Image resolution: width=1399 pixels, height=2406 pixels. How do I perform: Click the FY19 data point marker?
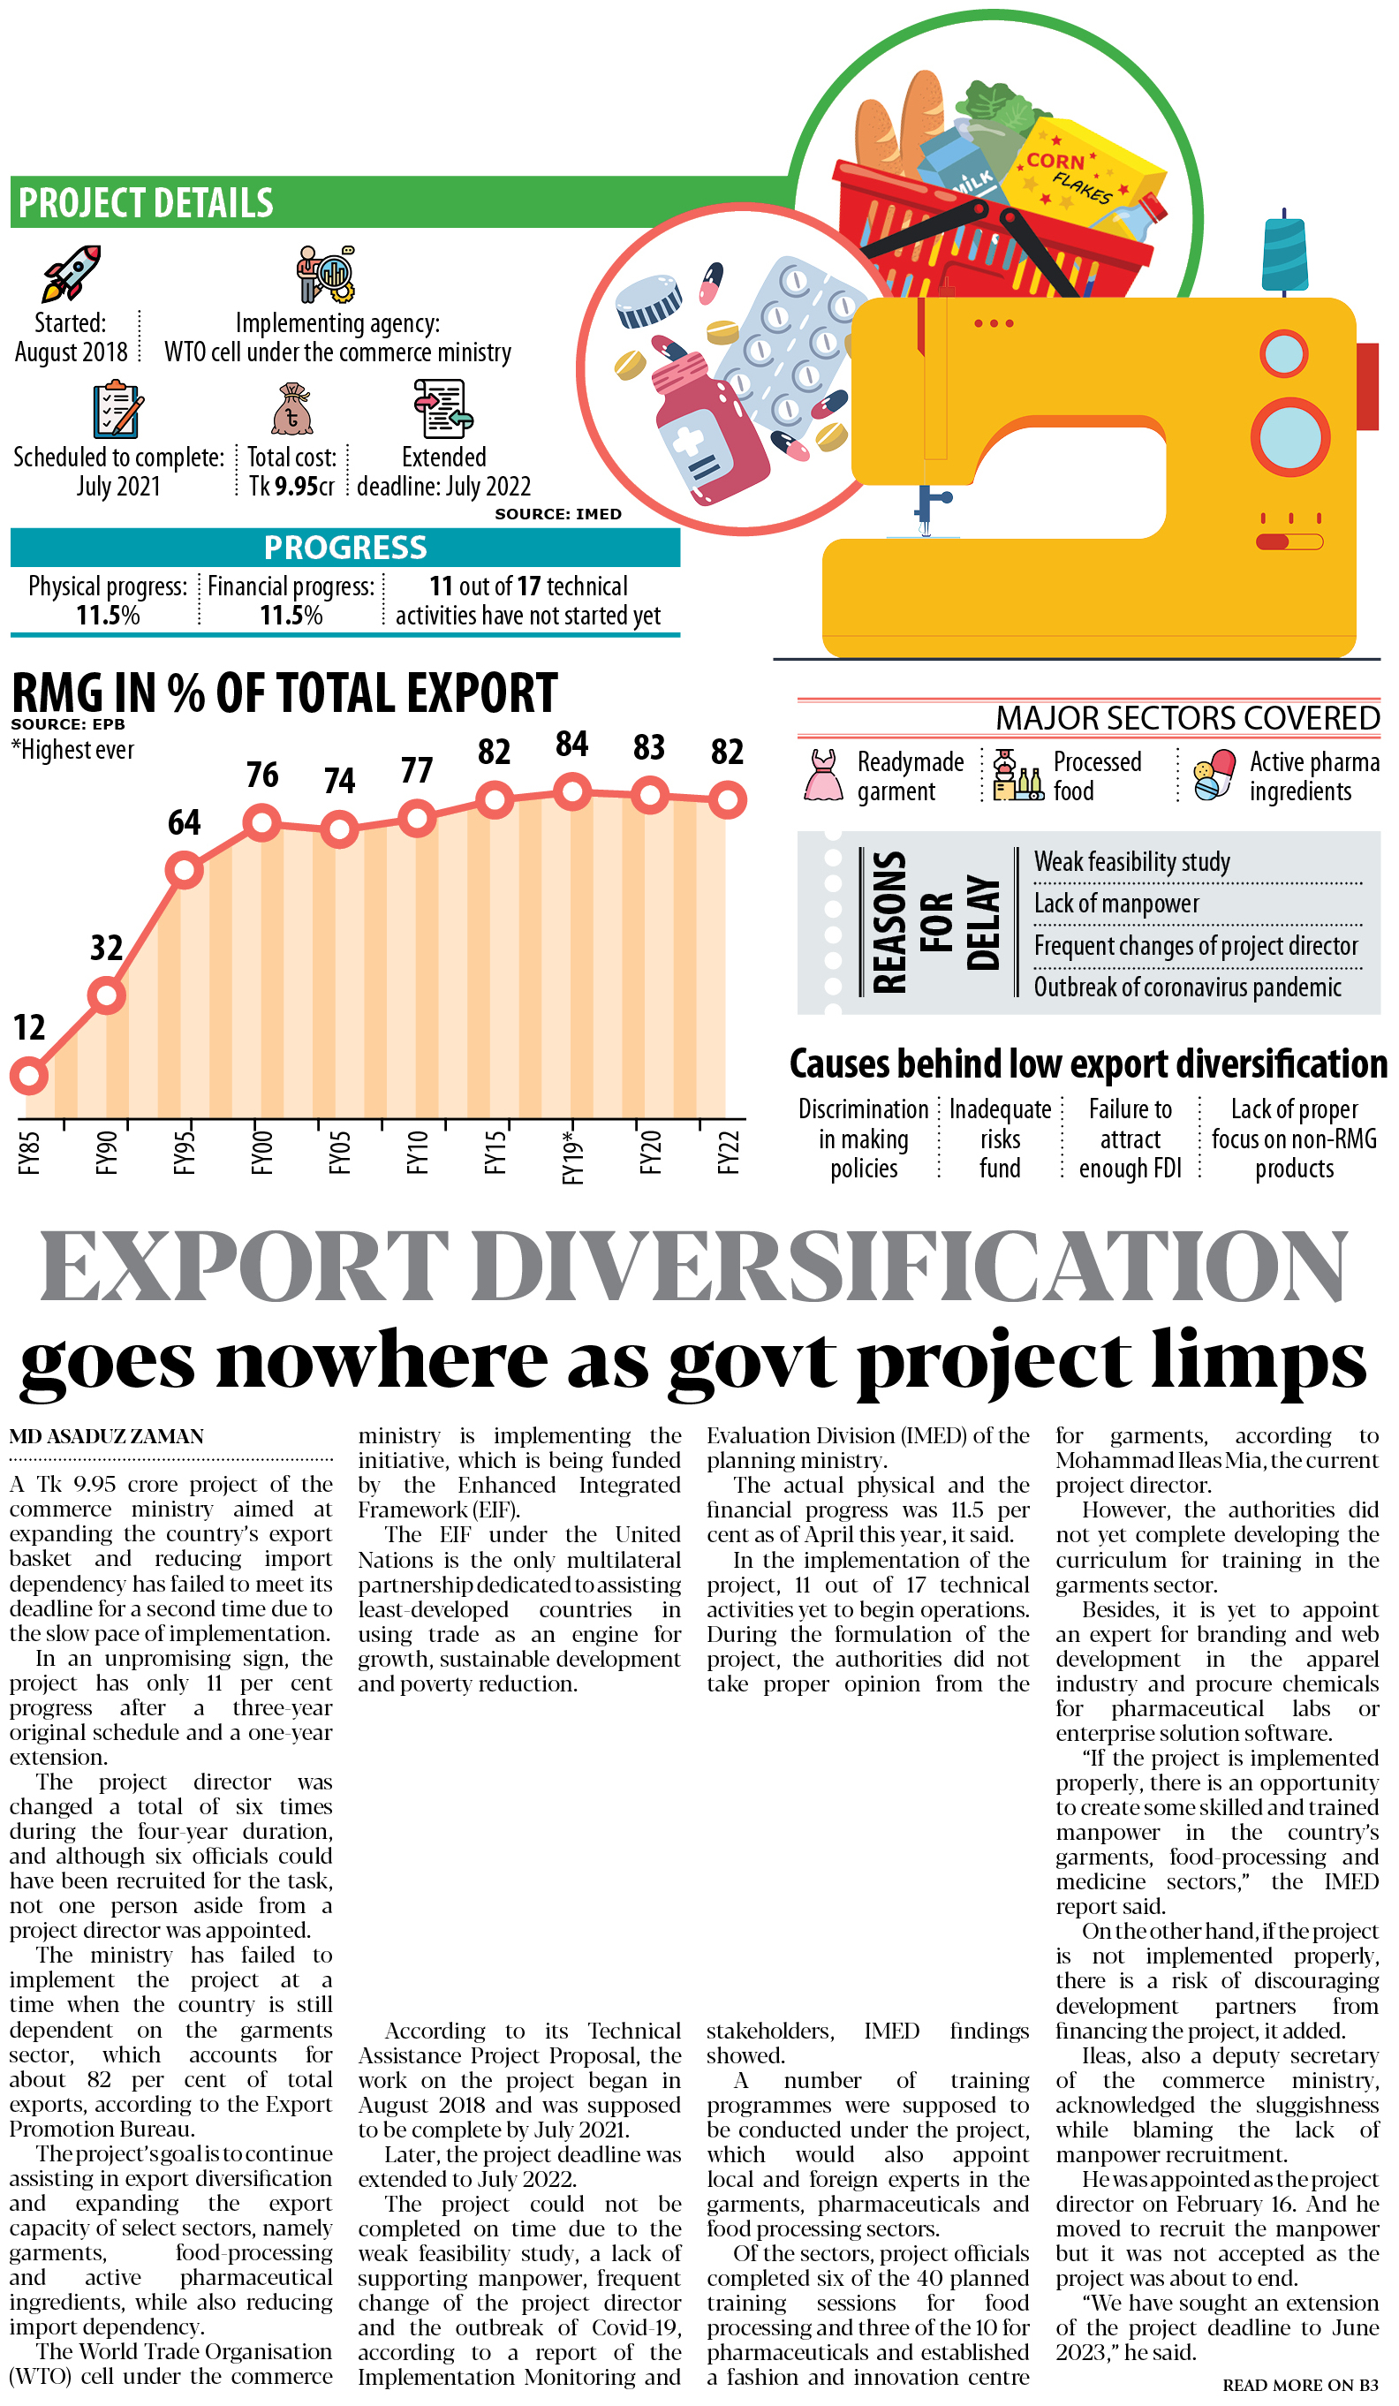[x=572, y=791]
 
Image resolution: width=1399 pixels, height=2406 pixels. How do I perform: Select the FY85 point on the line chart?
[x=28, y=1076]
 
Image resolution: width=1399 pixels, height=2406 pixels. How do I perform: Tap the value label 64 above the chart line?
[x=185, y=822]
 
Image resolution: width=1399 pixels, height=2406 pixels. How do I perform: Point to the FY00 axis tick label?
[x=261, y=1152]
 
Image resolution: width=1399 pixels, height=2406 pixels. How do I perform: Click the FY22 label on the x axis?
[x=729, y=1152]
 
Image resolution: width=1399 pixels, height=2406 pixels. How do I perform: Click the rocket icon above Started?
[x=71, y=273]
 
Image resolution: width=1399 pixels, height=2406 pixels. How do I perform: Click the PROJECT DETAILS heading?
[x=146, y=203]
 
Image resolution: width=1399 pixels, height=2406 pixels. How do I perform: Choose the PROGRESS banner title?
[x=344, y=548]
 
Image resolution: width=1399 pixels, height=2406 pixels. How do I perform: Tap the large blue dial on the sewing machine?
[x=1290, y=437]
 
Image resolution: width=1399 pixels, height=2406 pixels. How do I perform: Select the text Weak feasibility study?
[x=1131, y=862]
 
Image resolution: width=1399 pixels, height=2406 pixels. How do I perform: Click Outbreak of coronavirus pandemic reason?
[x=1187, y=987]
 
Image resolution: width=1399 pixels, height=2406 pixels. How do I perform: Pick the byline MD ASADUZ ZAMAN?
[x=107, y=1437]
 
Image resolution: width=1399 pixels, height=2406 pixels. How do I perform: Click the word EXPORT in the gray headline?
[x=244, y=1266]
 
